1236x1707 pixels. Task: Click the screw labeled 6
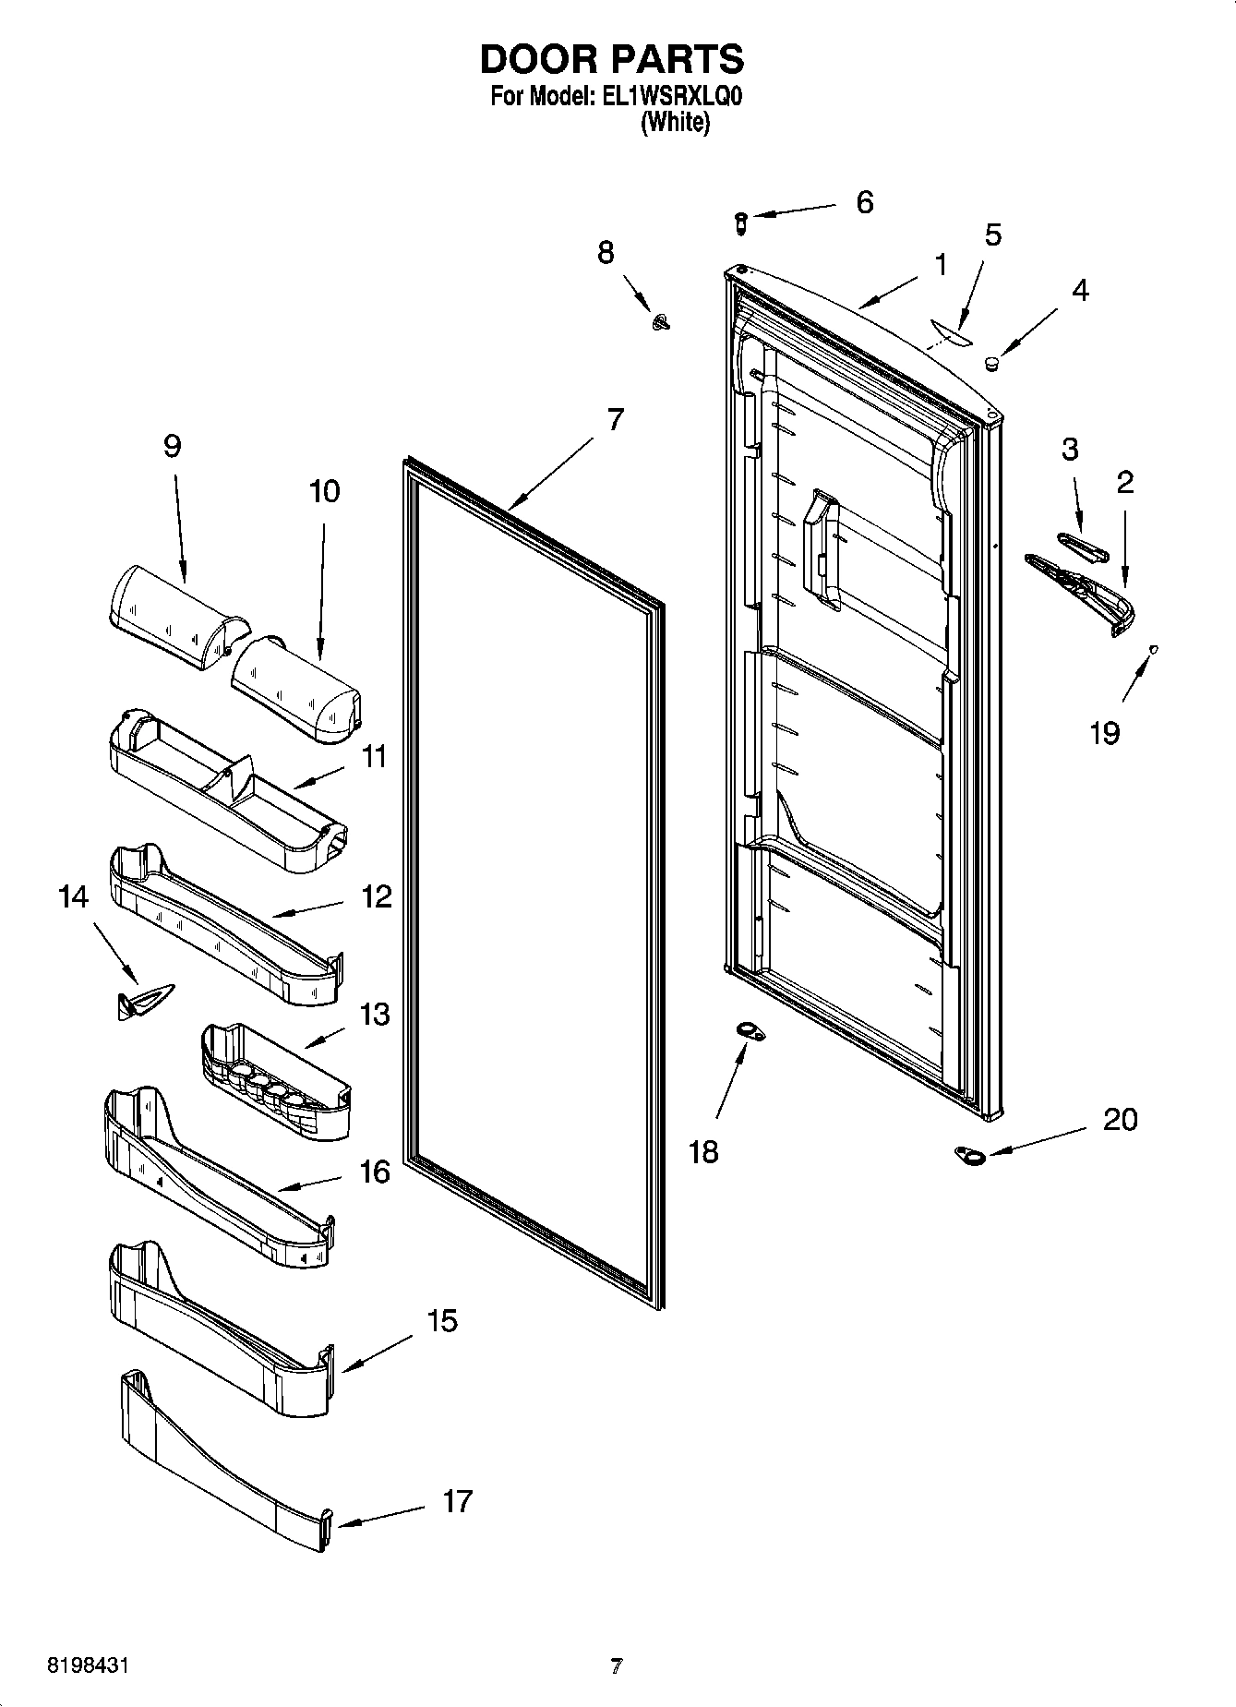(739, 222)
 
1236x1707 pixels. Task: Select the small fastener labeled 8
(662, 320)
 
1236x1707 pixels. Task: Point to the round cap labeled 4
(991, 363)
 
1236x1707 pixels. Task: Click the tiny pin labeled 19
(1153, 649)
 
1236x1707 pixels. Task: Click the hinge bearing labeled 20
(969, 1154)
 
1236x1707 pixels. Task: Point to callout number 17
(457, 1501)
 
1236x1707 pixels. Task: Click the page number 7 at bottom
(617, 1666)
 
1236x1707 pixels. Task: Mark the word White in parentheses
(676, 122)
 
